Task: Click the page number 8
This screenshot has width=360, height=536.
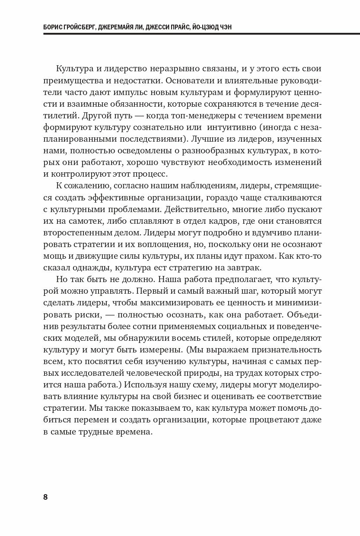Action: [46, 497]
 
